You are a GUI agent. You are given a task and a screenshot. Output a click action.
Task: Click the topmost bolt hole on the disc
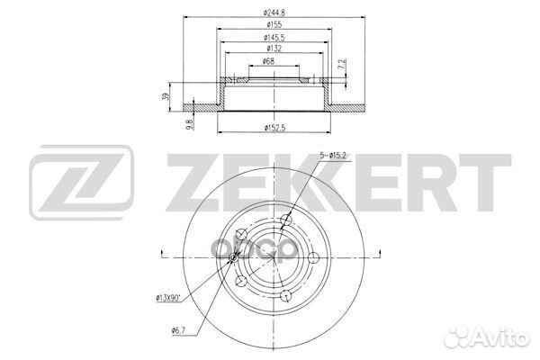point(286,220)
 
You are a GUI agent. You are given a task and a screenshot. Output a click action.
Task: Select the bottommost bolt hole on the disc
point(285,295)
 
